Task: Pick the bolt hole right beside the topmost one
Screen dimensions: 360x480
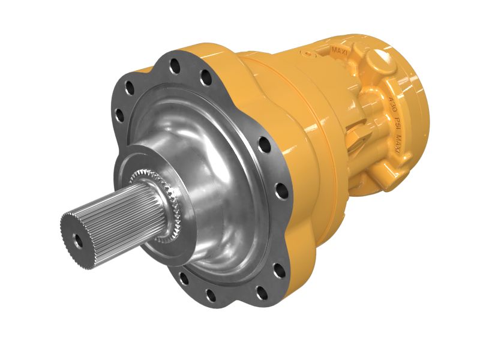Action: click(x=205, y=76)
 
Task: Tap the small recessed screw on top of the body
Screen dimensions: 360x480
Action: click(x=308, y=55)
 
